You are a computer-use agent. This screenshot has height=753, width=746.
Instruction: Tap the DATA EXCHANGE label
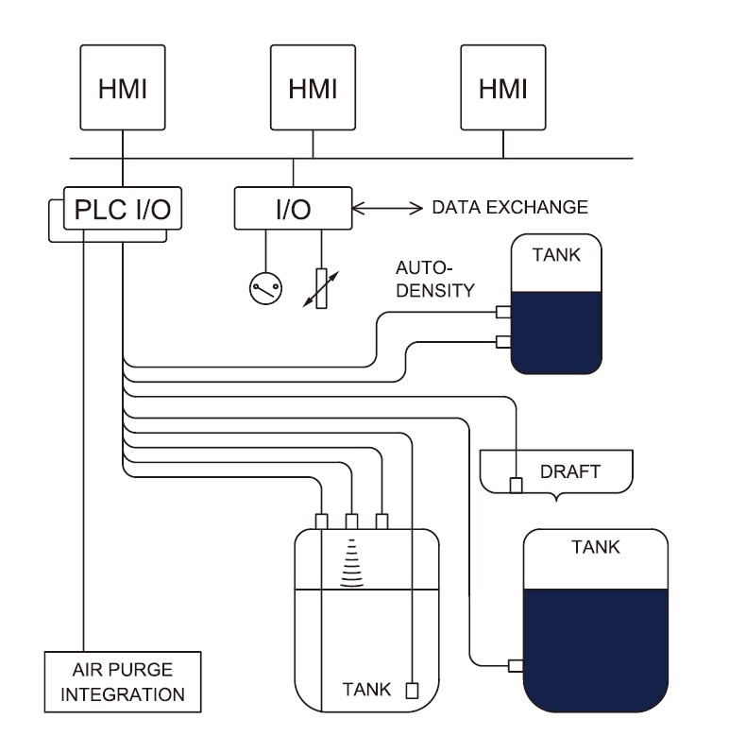(509, 207)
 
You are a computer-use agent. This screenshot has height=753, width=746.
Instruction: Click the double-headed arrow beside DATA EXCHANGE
(388, 207)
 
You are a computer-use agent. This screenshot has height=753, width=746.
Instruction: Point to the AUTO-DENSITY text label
(433, 281)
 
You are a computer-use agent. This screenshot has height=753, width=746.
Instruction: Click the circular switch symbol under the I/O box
(265, 288)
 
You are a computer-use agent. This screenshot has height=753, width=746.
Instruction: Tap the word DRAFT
(569, 471)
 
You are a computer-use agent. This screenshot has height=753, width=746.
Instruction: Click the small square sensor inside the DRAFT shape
(516, 486)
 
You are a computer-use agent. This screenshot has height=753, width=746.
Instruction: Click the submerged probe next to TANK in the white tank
(411, 690)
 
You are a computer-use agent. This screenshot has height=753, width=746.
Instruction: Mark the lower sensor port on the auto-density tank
(503, 342)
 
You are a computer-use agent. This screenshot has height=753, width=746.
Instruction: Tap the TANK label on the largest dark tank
(596, 547)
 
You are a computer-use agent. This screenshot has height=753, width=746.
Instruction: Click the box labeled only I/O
(293, 208)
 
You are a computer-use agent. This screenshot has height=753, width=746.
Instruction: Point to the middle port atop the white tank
(352, 521)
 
